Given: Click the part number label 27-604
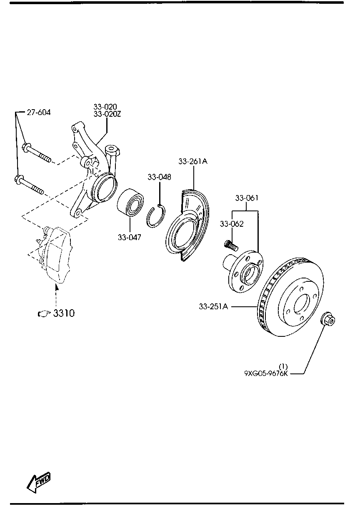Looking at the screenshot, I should [x=39, y=112].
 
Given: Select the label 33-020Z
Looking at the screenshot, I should [x=107, y=114].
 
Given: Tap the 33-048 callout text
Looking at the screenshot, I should [x=159, y=177].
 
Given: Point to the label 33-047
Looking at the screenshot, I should [x=129, y=238].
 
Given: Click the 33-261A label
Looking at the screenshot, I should [x=192, y=161].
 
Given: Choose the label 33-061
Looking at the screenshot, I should [x=247, y=198].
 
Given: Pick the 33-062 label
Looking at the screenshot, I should [x=232, y=224].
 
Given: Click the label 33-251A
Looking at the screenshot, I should [x=213, y=307].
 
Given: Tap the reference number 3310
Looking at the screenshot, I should [x=64, y=313].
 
